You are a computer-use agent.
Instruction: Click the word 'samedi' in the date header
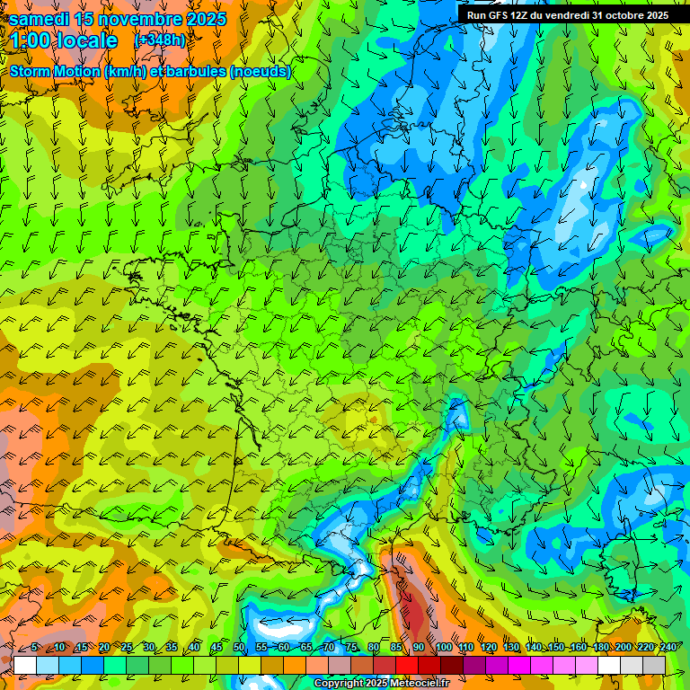(x=40, y=19)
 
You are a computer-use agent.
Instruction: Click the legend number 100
(x=444, y=647)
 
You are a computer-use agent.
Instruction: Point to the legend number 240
(x=668, y=647)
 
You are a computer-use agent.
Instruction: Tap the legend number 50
(x=239, y=647)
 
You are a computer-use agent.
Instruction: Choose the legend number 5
(x=34, y=647)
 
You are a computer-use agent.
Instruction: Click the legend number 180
(x=601, y=647)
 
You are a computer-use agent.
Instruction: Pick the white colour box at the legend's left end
(x=25, y=665)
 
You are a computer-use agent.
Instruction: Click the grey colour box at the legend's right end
(x=654, y=665)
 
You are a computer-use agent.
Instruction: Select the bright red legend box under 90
(x=407, y=665)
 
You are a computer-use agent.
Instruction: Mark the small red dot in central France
(x=373, y=419)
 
